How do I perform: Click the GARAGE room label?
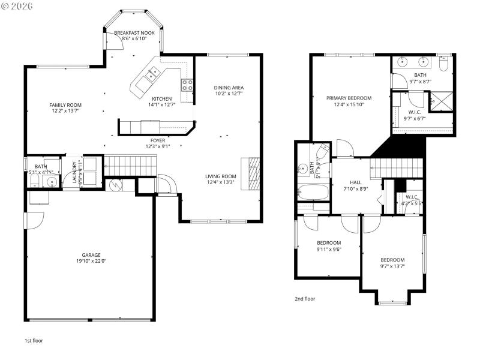tap(88, 254)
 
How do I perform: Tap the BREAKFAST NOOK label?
tap(134, 32)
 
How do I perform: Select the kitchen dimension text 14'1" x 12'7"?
tap(162, 105)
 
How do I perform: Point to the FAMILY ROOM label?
tap(65, 104)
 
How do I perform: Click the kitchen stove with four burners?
tap(188, 85)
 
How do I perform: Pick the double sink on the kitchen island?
tap(151, 75)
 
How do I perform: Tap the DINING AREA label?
tap(229, 88)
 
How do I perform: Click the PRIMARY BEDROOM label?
tap(349, 98)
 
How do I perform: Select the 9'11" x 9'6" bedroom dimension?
tap(328, 250)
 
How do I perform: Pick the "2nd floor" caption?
tap(305, 298)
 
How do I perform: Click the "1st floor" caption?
tap(33, 340)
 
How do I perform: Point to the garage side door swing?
tap(35, 219)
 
